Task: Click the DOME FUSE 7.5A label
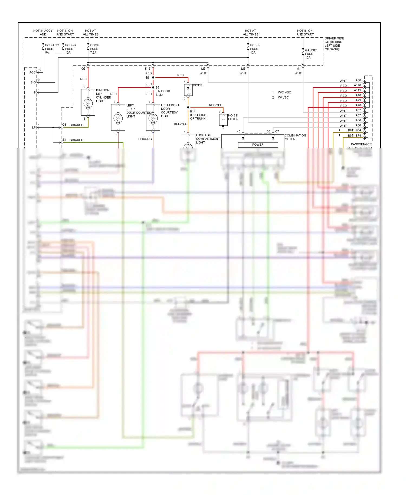(94, 49)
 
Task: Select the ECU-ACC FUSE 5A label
(51, 49)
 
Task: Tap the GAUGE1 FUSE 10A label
(311, 54)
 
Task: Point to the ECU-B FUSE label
(254, 49)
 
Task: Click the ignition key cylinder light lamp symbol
(88, 103)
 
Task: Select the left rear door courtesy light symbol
(118, 118)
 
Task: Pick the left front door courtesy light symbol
(153, 118)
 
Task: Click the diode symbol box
(188, 90)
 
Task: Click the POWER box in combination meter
(258, 145)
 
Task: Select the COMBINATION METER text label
(295, 137)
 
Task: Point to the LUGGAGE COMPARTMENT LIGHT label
(208, 139)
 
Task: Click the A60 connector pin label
(358, 80)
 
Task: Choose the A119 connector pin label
(357, 90)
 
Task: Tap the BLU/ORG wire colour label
(145, 139)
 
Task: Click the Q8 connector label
(64, 125)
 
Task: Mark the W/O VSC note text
(284, 93)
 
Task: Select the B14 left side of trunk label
(198, 115)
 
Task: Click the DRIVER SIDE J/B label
(334, 44)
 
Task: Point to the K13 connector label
(148, 69)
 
